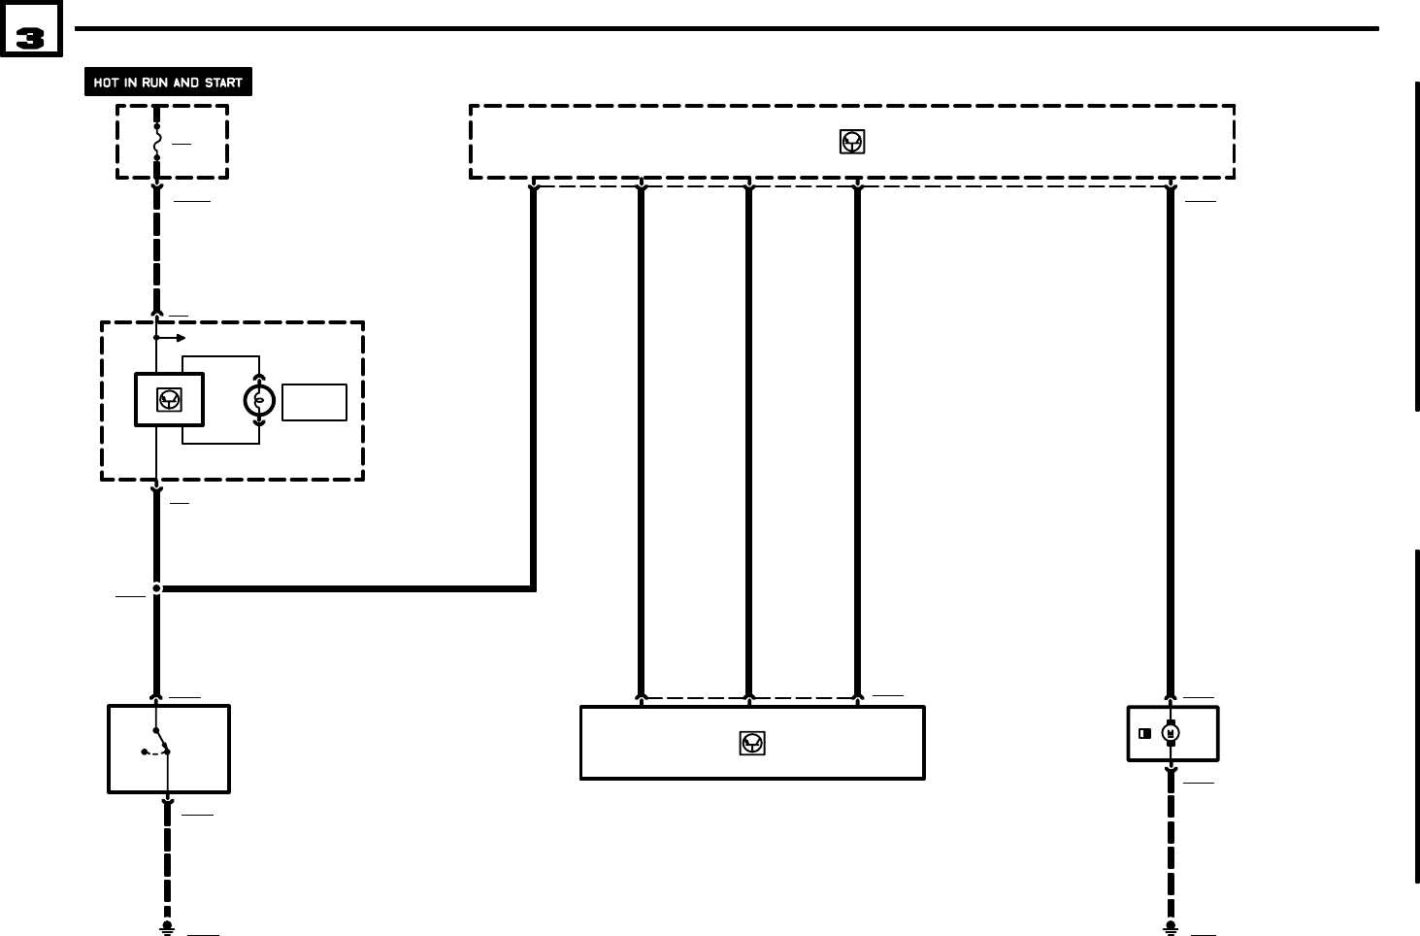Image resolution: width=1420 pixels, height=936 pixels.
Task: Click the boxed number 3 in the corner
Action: click(31, 39)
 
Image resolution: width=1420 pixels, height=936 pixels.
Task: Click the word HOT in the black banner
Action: click(106, 83)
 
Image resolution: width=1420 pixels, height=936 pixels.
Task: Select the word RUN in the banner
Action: click(154, 83)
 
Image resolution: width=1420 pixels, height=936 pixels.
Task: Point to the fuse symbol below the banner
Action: click(156, 142)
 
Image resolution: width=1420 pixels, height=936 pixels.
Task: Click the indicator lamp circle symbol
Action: click(259, 400)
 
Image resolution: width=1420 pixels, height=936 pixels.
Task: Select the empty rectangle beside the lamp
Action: click(314, 402)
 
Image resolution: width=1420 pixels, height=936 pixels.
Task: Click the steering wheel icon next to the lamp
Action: click(169, 400)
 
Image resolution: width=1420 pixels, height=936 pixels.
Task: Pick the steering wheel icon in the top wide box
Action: click(852, 142)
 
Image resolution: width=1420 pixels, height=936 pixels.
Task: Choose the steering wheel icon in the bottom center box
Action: click(752, 744)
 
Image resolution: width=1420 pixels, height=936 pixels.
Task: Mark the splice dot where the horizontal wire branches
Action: click(156, 588)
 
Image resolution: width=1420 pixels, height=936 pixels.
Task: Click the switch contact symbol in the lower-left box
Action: click(158, 748)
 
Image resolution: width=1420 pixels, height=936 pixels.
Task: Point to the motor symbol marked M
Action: click(1171, 733)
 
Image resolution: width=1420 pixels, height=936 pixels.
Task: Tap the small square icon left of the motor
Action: click(1145, 733)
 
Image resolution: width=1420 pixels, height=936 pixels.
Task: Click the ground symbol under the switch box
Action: click(167, 928)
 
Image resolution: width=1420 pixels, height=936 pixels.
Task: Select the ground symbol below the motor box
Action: click(1171, 928)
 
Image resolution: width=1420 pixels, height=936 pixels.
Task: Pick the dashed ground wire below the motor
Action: click(1171, 845)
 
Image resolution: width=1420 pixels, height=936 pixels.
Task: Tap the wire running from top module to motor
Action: click(1171, 437)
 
